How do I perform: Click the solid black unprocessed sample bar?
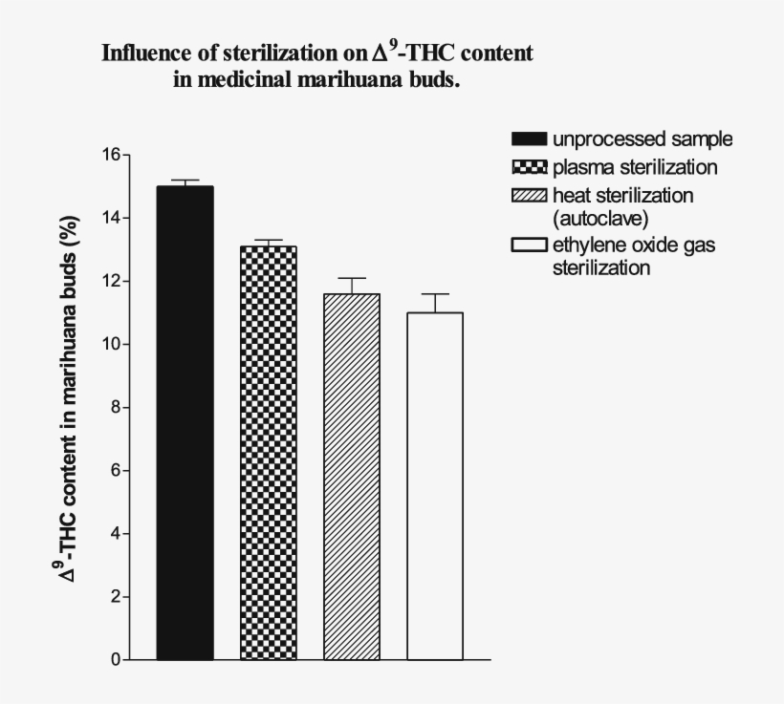click(185, 422)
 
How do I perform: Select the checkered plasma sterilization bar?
click(268, 453)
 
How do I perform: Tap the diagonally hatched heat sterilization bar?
click(351, 477)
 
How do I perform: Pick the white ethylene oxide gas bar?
click(435, 486)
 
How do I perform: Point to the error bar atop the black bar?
click(185, 182)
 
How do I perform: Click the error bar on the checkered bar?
click(268, 243)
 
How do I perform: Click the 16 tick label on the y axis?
click(111, 155)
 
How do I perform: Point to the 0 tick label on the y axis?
click(116, 660)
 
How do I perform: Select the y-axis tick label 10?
click(111, 344)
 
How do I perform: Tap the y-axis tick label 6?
click(116, 471)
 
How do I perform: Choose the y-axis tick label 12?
click(111, 281)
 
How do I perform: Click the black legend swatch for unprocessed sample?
click(530, 139)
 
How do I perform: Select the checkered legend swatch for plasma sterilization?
click(530, 168)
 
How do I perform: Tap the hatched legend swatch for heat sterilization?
click(530, 196)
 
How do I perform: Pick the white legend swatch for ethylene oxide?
click(530, 245)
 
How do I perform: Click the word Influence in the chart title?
click(145, 53)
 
